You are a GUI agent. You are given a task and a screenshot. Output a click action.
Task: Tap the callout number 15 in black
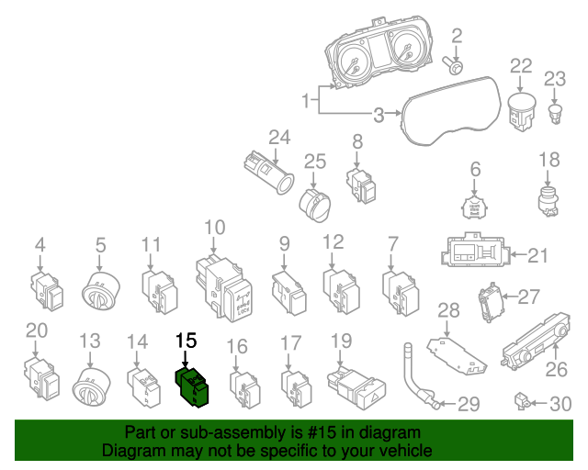click(187, 341)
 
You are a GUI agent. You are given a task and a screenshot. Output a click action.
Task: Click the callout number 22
click(521, 66)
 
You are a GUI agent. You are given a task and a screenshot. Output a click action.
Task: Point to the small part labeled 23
click(556, 113)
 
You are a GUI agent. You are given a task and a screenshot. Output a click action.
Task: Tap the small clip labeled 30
click(521, 401)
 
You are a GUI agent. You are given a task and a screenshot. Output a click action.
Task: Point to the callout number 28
click(447, 309)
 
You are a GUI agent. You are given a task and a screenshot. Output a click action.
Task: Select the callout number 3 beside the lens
click(379, 116)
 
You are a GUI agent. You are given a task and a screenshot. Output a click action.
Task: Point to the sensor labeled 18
click(549, 199)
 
